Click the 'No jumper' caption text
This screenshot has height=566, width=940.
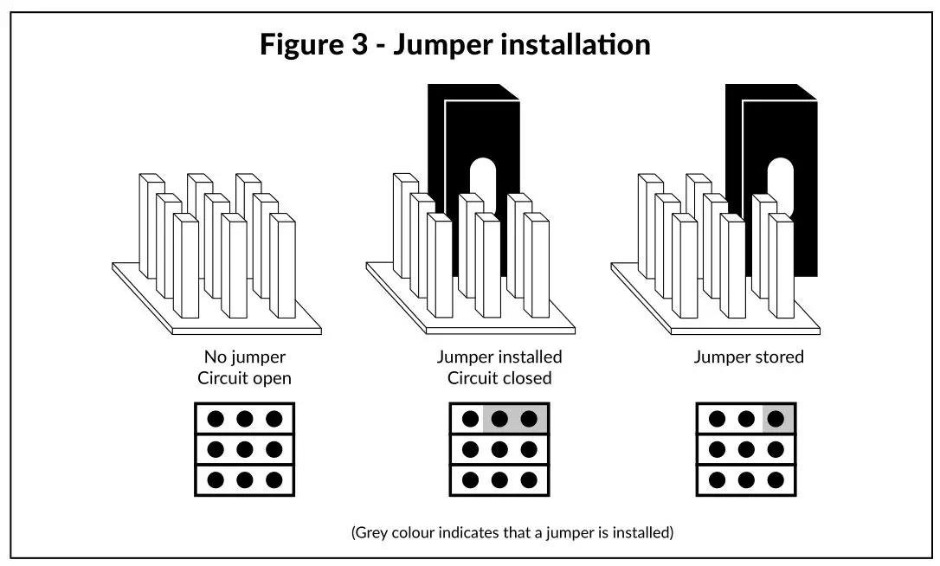[x=245, y=357]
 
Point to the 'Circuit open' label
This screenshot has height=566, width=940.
[x=245, y=378]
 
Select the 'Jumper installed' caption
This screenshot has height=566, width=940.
[x=499, y=357]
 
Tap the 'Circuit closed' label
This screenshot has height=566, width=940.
[x=499, y=378]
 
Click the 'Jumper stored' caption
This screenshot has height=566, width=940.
[x=749, y=357]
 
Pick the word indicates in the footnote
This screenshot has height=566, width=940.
[x=467, y=532]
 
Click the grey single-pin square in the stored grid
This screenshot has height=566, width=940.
[x=778, y=419]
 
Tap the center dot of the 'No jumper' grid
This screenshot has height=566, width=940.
[x=245, y=449]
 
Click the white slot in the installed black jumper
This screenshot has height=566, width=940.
[x=483, y=187]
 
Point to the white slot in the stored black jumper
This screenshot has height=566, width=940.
[x=781, y=187]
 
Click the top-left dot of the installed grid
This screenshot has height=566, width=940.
[x=471, y=419]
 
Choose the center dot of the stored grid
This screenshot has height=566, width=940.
[x=746, y=449]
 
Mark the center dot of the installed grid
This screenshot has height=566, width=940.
[x=499, y=449]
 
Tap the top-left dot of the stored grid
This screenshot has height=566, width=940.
[x=717, y=419]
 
